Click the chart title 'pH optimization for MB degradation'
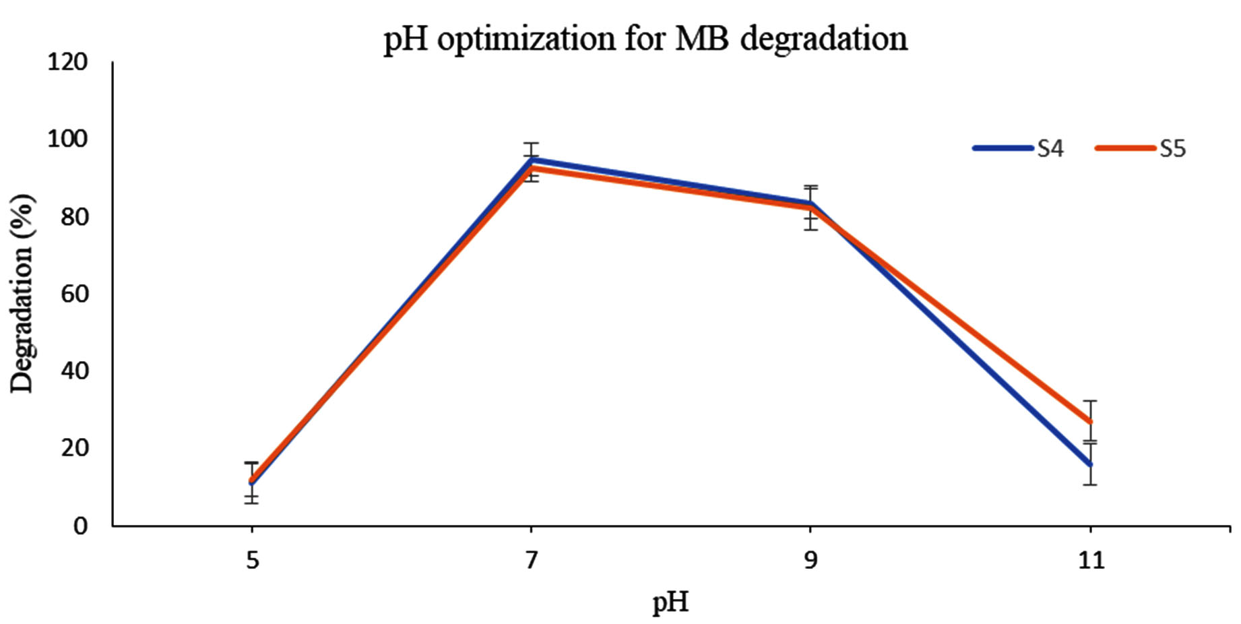coord(645,38)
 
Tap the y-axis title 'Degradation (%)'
coord(22,293)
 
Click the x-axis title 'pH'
coord(670,602)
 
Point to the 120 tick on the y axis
coord(67,62)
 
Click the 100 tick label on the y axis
coord(67,139)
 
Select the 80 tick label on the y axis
coord(74,217)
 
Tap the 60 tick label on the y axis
coord(74,294)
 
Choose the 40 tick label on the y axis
coord(74,371)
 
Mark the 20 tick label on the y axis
coord(74,447)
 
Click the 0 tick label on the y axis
coord(81,526)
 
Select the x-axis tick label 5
coord(252,561)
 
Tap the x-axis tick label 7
coord(532,561)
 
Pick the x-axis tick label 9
coord(810,561)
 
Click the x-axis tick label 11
coord(1091,561)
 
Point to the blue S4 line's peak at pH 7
coord(532,160)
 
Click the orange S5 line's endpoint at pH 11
coord(1090,422)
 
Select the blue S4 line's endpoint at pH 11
coord(1090,464)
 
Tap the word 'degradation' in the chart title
coord(823,38)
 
